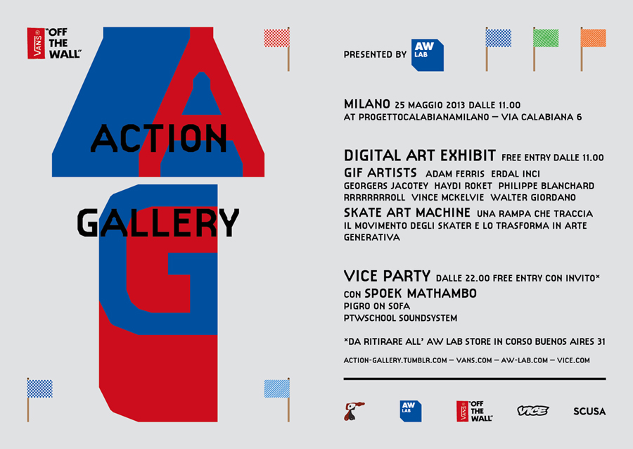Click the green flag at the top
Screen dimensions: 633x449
click(545, 39)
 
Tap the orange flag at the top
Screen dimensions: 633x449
click(593, 39)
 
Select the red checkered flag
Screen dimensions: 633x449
click(277, 39)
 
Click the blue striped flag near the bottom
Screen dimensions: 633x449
click(277, 389)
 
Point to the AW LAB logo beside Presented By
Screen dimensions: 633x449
click(427, 56)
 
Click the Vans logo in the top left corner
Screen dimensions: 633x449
click(54, 43)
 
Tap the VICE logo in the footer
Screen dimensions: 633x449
click(533, 410)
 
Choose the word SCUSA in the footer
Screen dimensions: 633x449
click(589, 412)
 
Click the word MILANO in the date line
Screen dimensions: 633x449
click(367, 104)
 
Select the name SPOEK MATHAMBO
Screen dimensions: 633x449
click(421, 293)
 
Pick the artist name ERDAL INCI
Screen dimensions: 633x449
click(516, 174)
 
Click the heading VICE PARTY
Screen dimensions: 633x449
click(387, 276)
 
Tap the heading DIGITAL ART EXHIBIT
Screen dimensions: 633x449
click(420, 156)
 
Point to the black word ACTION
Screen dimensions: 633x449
click(159, 139)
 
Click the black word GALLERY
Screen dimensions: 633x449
click(158, 222)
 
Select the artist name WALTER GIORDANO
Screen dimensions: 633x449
click(533, 198)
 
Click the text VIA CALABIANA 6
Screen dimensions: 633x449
click(542, 117)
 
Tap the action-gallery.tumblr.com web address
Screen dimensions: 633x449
click(395, 360)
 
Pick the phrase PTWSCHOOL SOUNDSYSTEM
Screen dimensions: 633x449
click(400, 318)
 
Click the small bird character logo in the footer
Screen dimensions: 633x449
click(354, 411)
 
